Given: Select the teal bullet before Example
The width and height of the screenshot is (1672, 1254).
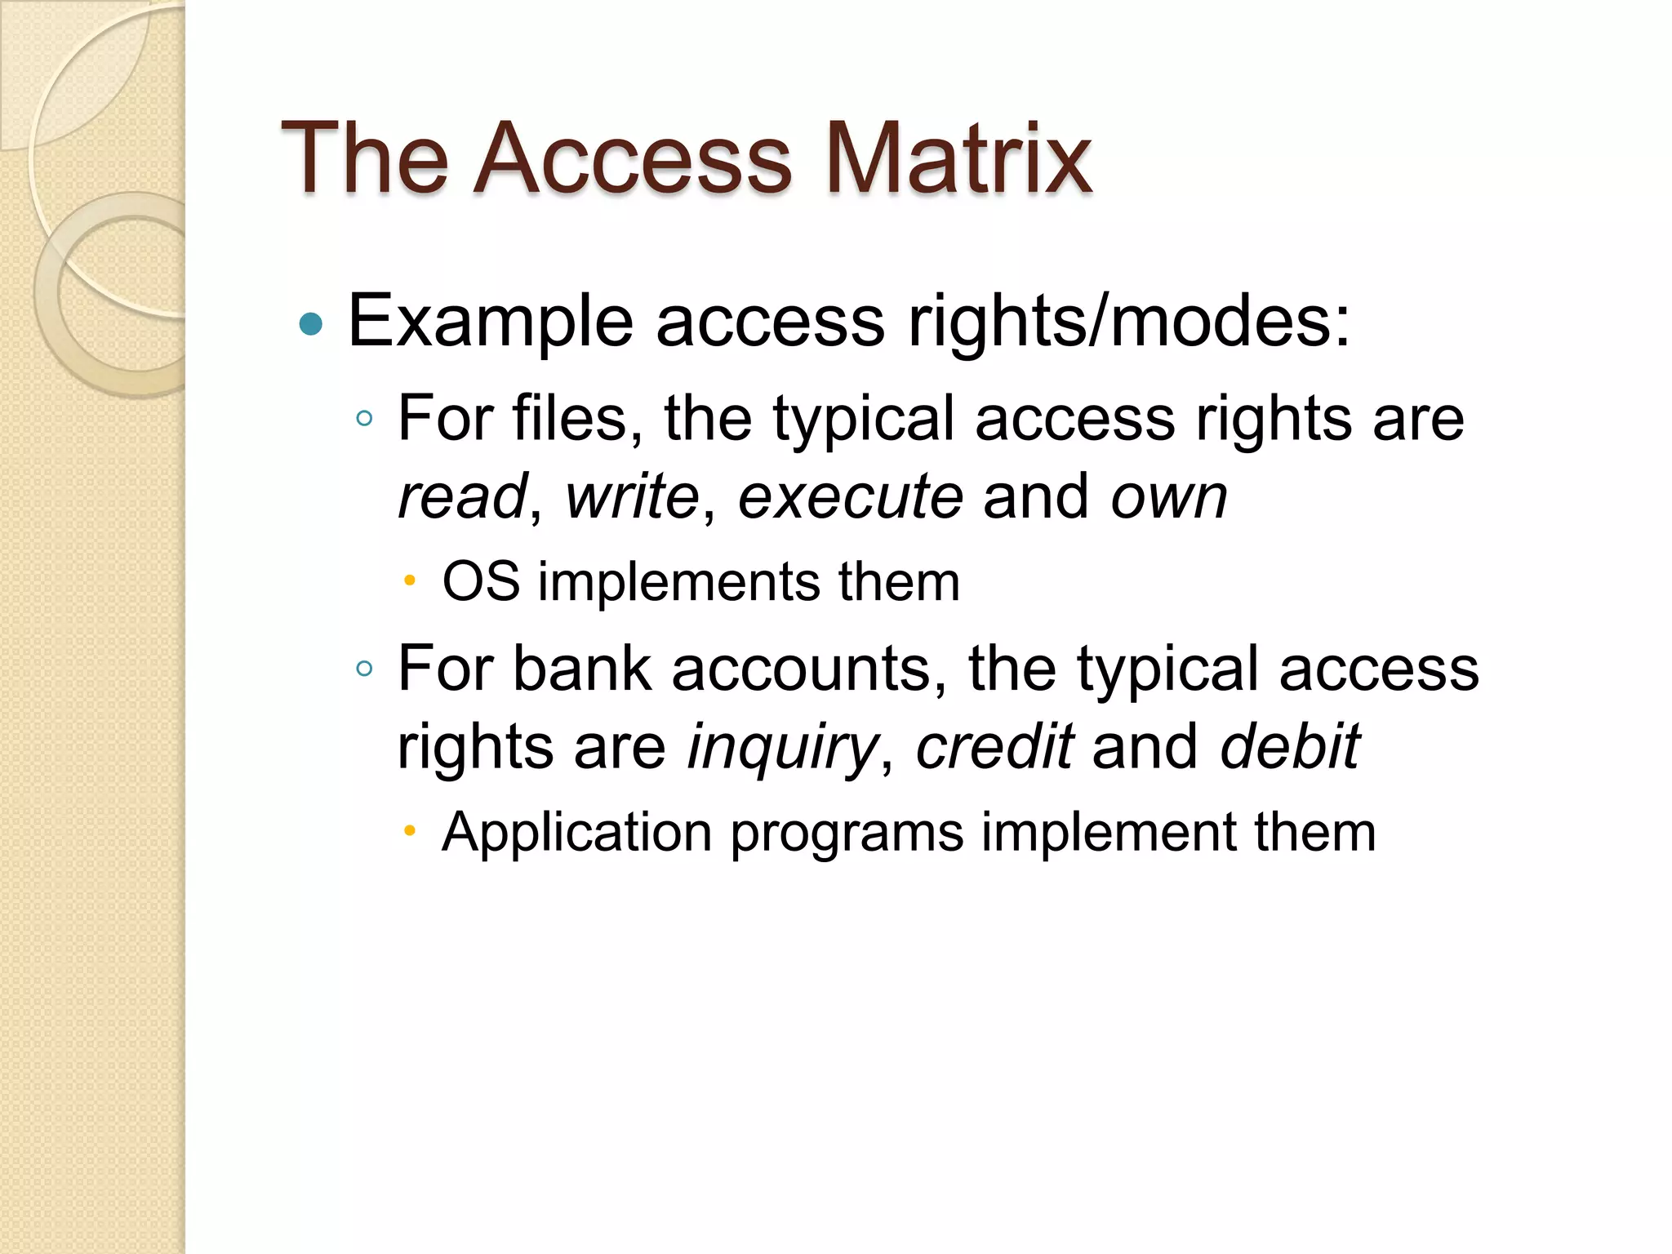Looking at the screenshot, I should click(311, 324).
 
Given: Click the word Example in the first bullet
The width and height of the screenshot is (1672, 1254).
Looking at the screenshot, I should click(491, 322).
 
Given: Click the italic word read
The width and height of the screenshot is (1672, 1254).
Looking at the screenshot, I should click(462, 496).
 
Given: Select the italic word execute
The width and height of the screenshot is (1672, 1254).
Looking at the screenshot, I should click(850, 496).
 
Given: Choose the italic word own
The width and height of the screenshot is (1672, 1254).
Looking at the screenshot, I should click(1168, 498).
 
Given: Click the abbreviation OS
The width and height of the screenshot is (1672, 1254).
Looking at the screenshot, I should click(481, 582).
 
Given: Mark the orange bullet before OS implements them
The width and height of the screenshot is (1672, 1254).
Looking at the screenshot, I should click(410, 582).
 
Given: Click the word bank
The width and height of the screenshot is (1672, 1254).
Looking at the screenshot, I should click(582, 669).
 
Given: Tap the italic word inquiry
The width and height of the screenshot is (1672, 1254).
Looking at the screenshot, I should click(781, 748).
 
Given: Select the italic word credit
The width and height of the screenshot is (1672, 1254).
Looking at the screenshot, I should click(994, 746).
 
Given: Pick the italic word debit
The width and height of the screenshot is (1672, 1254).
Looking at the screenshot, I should click(1289, 746).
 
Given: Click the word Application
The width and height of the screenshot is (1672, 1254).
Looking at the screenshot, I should click(576, 834).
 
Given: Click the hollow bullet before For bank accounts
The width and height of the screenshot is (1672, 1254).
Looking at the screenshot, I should click(364, 669).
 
